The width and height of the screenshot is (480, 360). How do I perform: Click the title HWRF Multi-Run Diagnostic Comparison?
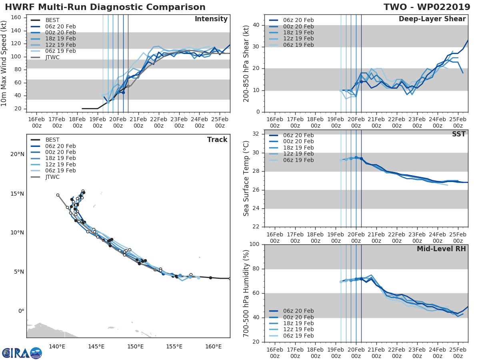tap(105, 7)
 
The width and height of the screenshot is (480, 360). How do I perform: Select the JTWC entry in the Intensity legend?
tap(52, 57)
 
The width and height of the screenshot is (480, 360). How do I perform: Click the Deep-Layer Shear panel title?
tap(432, 19)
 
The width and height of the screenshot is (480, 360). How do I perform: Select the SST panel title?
tap(458, 134)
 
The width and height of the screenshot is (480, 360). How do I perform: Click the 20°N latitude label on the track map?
tap(17, 154)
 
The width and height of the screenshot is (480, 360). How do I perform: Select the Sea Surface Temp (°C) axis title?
tap(246, 178)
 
